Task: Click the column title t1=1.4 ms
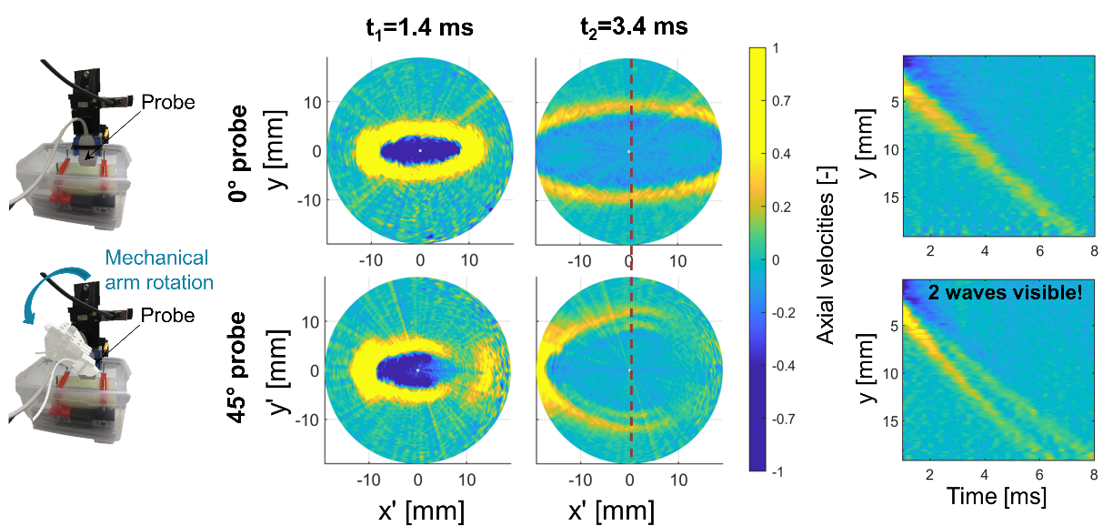415,27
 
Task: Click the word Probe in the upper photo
168,103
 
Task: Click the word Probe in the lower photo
168,316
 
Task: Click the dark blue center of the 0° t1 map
418,149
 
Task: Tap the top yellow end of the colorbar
762,53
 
